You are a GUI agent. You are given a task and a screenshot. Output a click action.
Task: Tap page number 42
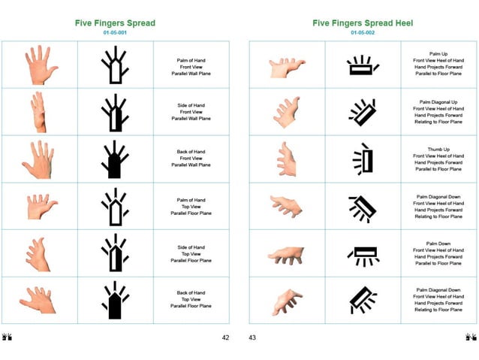(x=225, y=337)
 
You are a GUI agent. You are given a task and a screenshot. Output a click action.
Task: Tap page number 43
(x=252, y=337)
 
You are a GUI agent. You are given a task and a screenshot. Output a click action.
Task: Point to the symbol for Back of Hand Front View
(x=114, y=159)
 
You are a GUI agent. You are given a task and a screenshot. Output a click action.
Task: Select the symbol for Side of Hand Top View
(x=114, y=253)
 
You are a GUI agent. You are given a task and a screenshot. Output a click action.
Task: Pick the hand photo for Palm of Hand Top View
(x=41, y=206)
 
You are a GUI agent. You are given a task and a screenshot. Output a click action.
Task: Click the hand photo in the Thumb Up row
(x=286, y=159)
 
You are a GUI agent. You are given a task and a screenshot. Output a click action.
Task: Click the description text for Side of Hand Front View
(x=190, y=112)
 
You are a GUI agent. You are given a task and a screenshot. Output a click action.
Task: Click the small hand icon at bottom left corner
(x=8, y=337)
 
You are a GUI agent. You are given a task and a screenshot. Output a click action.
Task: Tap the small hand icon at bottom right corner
(x=471, y=337)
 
